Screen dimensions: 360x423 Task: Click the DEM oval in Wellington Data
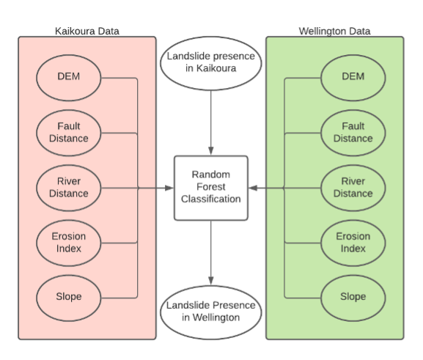click(x=353, y=77)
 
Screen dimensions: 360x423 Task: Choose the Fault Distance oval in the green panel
click(x=353, y=132)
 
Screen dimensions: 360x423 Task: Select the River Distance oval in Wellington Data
click(x=353, y=188)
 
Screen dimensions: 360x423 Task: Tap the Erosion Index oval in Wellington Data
click(x=353, y=242)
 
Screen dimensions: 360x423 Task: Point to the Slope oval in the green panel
click(x=353, y=297)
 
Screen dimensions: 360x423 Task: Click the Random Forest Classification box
click(x=211, y=187)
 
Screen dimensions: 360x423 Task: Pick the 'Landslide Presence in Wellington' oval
click(x=211, y=311)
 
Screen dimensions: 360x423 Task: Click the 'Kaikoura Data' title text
click(x=87, y=31)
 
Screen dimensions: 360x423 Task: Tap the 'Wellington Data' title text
click(x=334, y=31)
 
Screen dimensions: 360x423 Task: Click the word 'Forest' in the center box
click(x=211, y=186)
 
